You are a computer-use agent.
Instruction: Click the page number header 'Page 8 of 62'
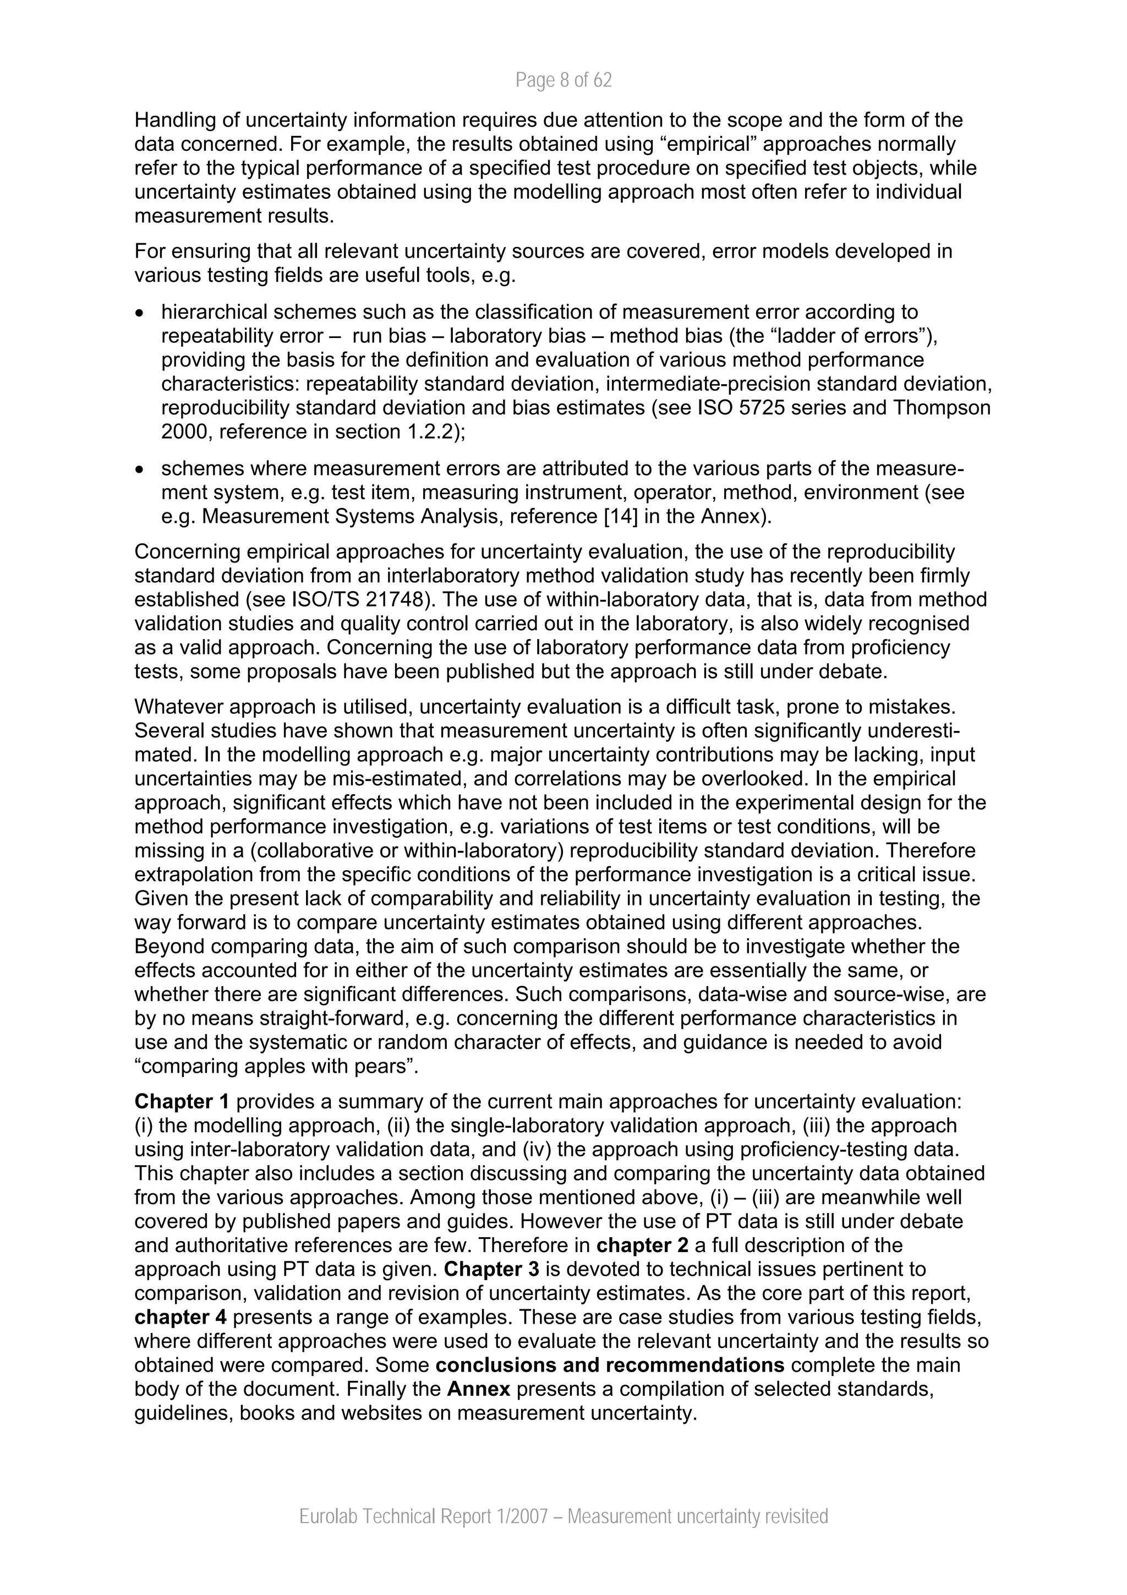point(563,80)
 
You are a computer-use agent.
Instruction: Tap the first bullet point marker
point(140,314)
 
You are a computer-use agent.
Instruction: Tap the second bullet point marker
point(140,471)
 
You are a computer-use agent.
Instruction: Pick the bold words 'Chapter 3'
point(491,1269)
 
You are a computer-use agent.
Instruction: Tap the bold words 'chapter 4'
point(180,1317)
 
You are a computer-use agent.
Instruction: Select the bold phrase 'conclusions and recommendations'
point(610,1365)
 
